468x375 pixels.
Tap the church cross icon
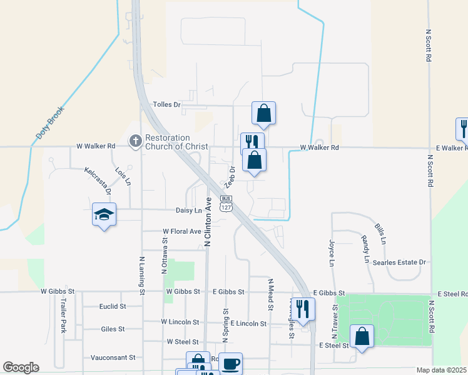[135, 142]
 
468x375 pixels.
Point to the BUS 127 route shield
[226, 202]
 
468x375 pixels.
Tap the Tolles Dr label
[166, 104]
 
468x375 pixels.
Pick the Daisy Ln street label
[190, 211]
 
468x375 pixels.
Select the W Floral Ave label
[182, 231]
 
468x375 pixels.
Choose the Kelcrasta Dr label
[99, 179]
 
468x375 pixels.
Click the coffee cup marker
[230, 364]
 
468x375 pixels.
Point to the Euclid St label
[113, 306]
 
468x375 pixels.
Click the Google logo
[21, 367]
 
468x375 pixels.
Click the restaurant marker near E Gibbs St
[303, 309]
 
